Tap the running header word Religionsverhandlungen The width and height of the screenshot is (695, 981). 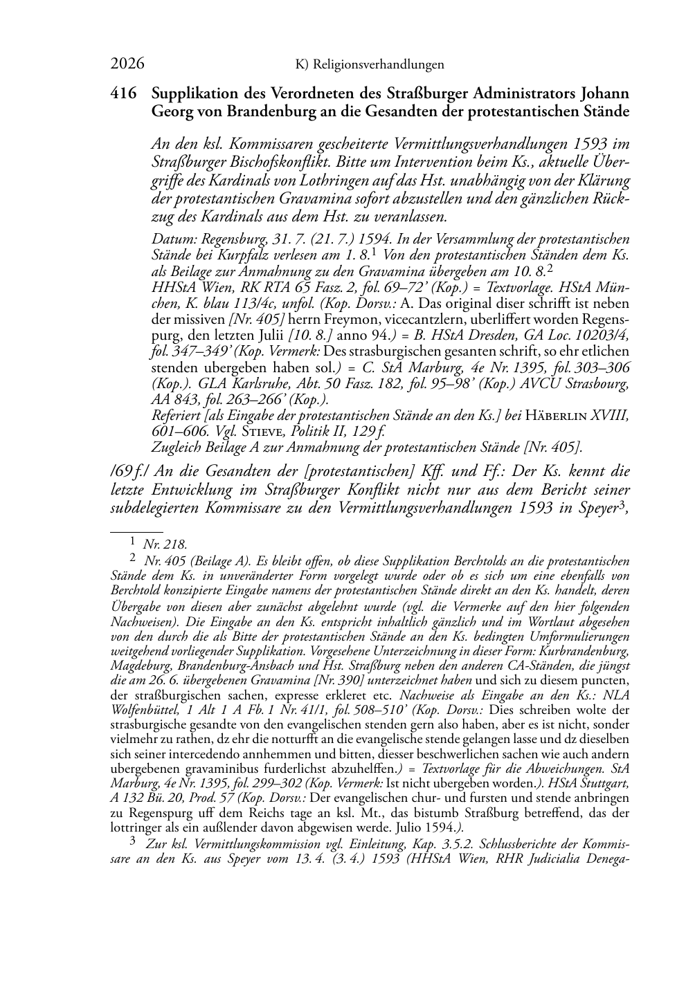(379, 65)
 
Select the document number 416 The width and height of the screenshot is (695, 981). (124, 93)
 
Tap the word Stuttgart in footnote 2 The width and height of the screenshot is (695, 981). (602, 783)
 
